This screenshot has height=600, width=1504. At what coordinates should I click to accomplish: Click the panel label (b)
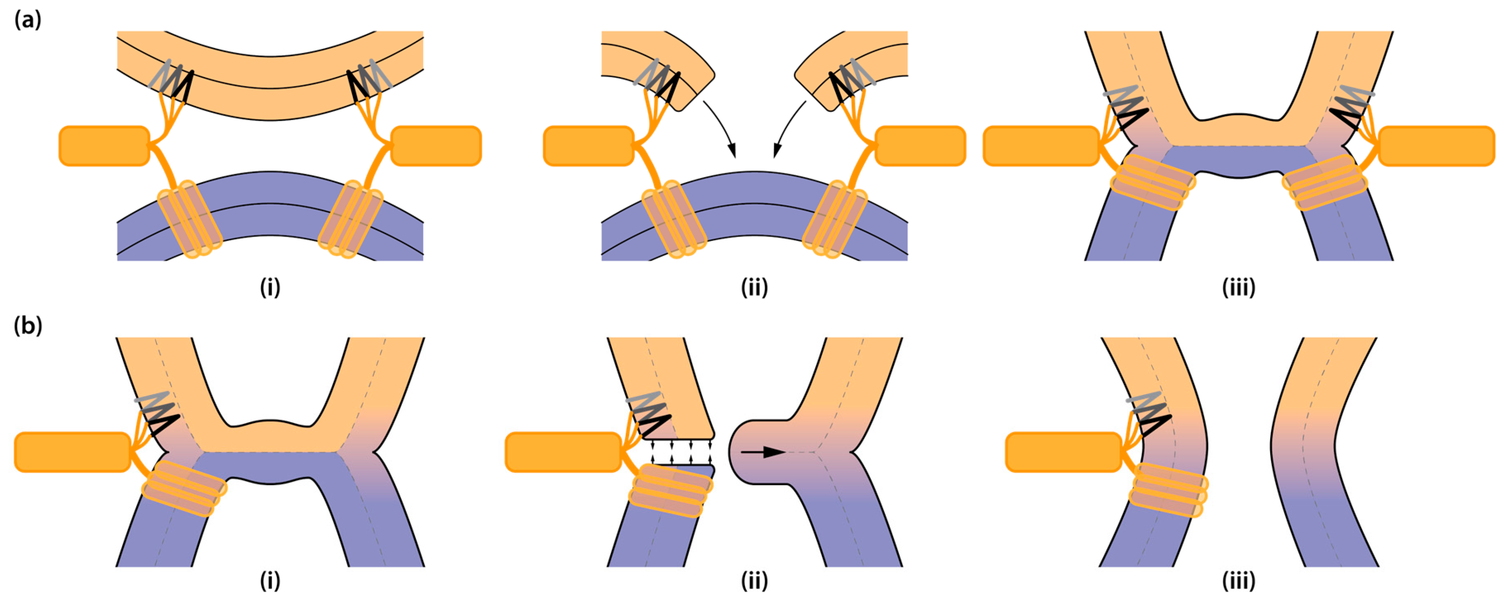pyautogui.click(x=27, y=326)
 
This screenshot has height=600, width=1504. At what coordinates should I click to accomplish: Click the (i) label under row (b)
pyautogui.click(x=270, y=581)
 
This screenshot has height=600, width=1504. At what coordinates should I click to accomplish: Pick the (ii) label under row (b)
pyautogui.click(x=754, y=581)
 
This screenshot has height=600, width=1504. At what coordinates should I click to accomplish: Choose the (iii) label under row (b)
pyautogui.click(x=1239, y=581)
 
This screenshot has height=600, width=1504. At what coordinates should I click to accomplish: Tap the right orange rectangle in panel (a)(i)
pyautogui.click(x=436, y=146)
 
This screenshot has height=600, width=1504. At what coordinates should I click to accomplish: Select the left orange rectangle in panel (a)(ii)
pyautogui.click(x=589, y=146)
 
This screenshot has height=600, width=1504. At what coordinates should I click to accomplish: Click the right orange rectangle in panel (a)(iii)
pyautogui.click(x=1436, y=146)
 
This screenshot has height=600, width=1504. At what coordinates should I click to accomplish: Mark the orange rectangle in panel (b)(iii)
pyautogui.click(x=1063, y=452)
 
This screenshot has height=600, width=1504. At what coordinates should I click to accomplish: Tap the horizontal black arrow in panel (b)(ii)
pyautogui.click(x=762, y=452)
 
